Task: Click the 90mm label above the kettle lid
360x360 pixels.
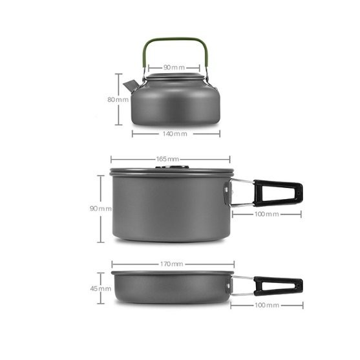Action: tap(174, 67)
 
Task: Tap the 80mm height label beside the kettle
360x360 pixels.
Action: tap(118, 100)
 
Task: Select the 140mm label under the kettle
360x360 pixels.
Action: tap(175, 134)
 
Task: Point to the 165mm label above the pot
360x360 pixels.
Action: tap(167, 159)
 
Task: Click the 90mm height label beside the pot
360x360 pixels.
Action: tap(101, 209)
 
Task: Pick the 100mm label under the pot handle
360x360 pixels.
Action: tap(266, 214)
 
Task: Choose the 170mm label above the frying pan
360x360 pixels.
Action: tap(171, 264)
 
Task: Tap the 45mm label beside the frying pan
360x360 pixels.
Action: tap(101, 289)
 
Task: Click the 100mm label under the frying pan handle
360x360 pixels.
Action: tap(267, 305)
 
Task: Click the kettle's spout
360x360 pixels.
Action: tap(131, 87)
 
